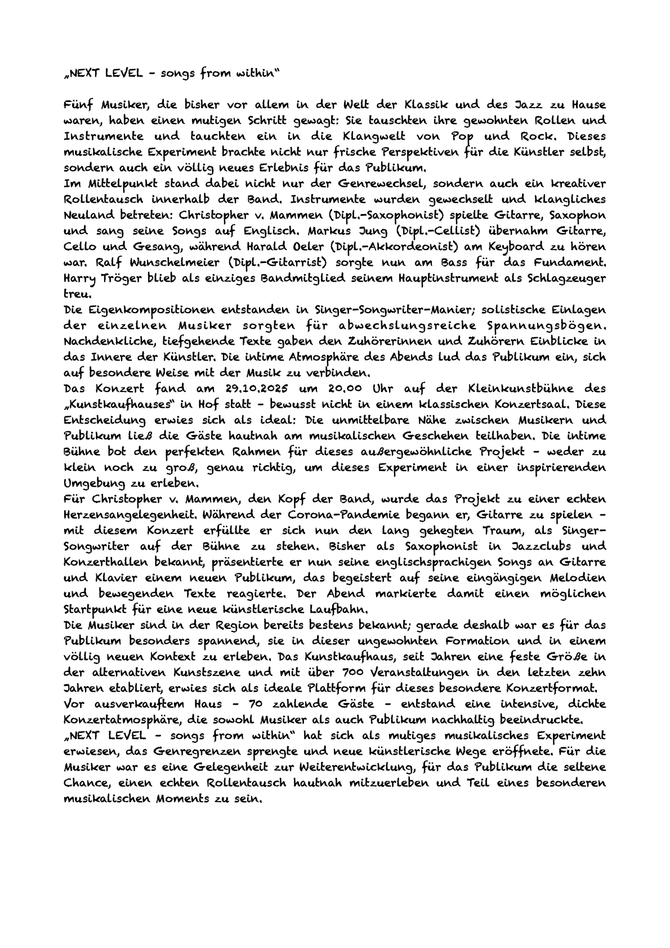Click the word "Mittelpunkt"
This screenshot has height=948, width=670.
pyautogui.click(x=118, y=184)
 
